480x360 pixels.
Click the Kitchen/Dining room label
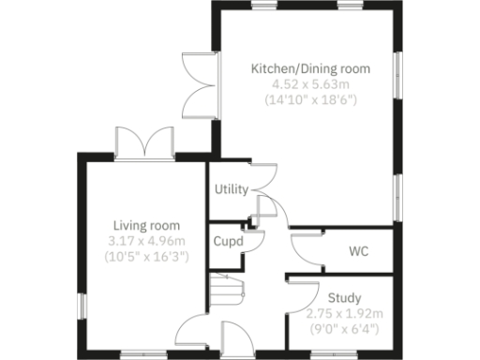click(310, 68)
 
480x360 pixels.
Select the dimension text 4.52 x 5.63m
click(310, 83)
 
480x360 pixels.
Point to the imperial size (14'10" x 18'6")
click(310, 98)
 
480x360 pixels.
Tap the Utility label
click(231, 189)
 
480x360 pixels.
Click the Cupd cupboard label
click(228, 241)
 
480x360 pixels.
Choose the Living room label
click(146, 226)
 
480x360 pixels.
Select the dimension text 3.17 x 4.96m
click(146, 241)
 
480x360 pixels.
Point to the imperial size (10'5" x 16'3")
click(146, 256)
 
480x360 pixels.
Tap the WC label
click(358, 252)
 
